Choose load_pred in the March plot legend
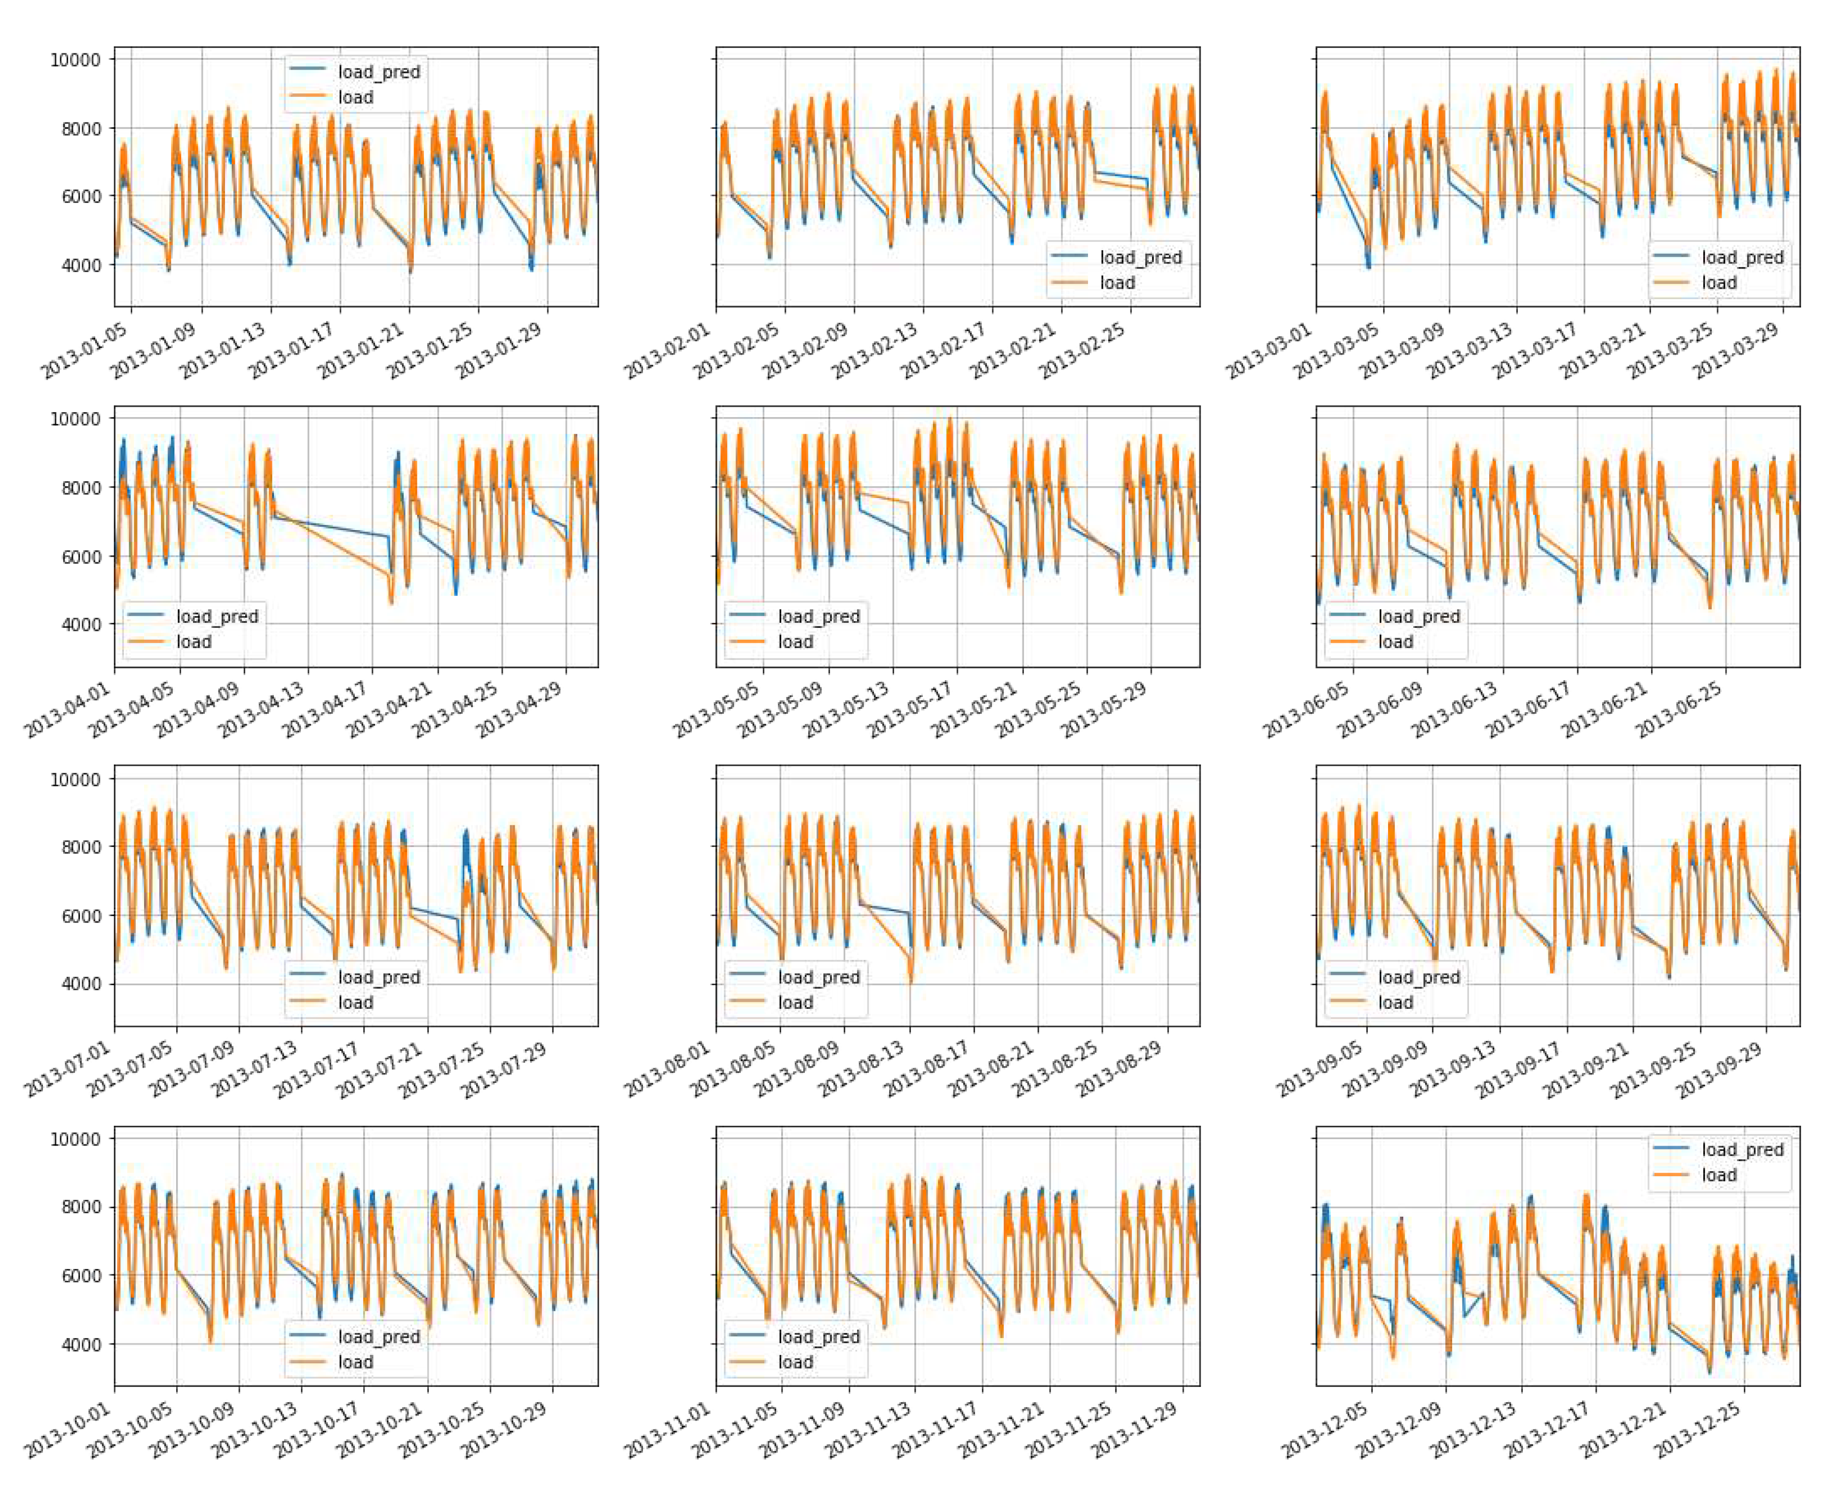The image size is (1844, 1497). tap(1741, 257)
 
